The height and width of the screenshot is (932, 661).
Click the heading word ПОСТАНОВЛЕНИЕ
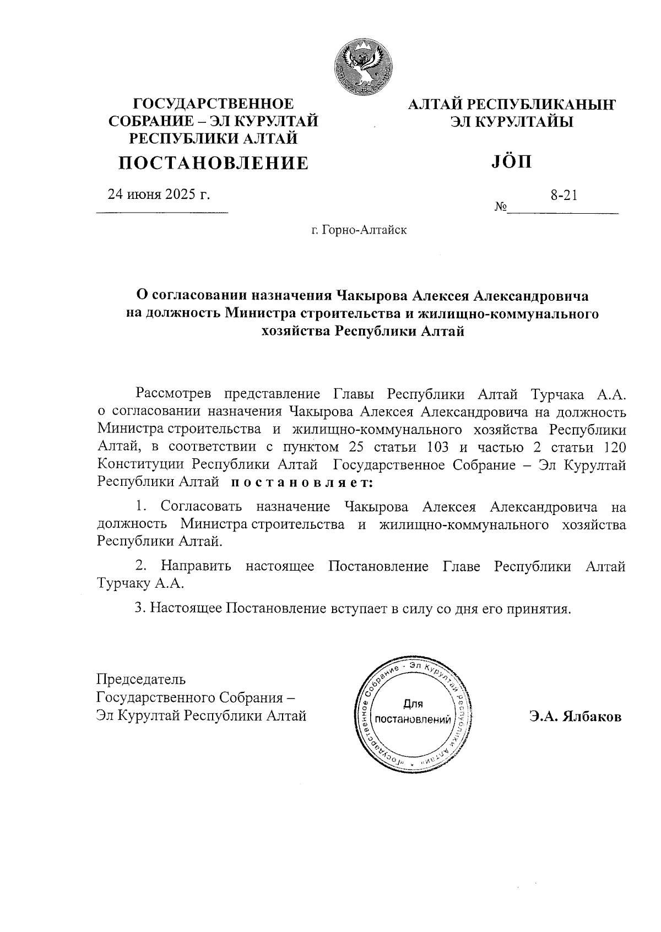point(214,163)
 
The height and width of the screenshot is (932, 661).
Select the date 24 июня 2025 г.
point(159,194)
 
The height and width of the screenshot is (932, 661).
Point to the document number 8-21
point(564,194)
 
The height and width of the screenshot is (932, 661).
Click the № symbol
point(501,207)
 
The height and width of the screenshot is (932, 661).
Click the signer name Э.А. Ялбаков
point(575,717)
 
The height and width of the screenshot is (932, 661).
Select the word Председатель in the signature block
point(141,679)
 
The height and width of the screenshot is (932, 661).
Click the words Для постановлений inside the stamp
point(413,712)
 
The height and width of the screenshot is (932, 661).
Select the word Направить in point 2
point(196,566)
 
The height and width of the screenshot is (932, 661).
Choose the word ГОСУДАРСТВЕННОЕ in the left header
point(214,104)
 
